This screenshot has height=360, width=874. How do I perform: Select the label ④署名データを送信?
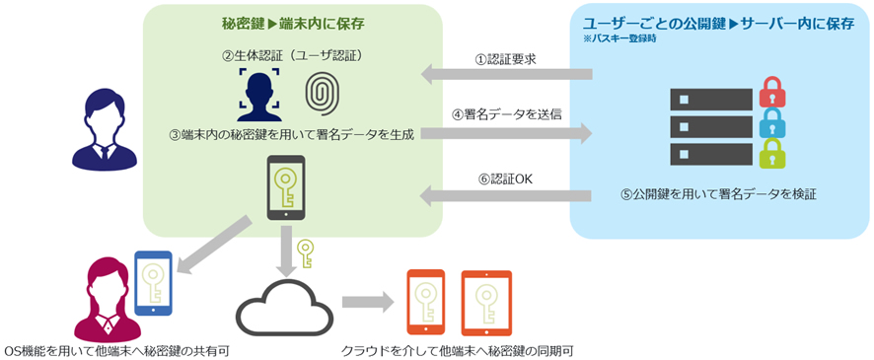click(x=505, y=114)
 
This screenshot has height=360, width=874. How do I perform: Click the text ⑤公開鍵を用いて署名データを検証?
click(x=719, y=194)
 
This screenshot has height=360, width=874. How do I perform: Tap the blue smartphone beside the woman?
click(x=153, y=282)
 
